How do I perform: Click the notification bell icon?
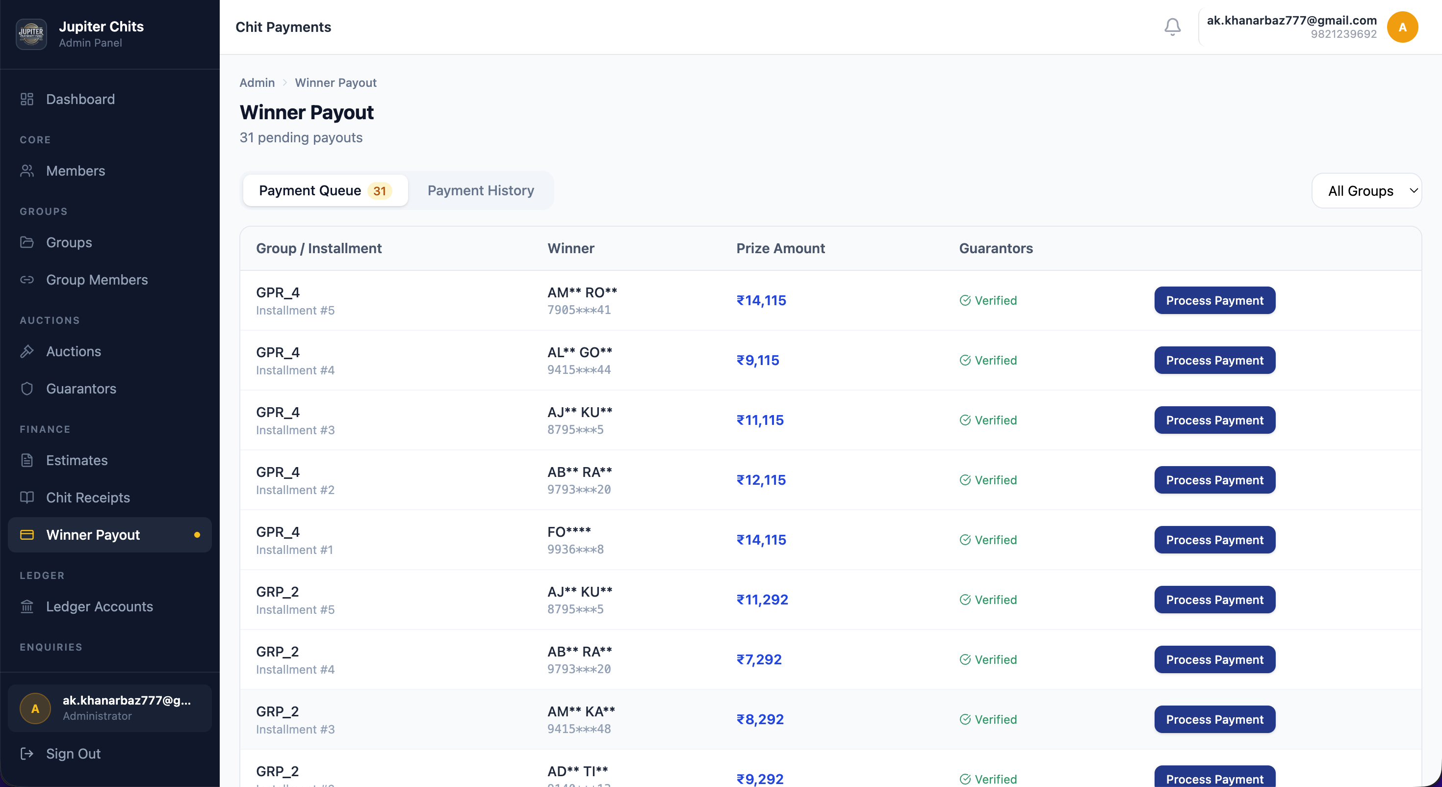(1172, 27)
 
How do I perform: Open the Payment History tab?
(480, 190)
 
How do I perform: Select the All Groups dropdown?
(1366, 191)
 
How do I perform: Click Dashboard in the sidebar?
(80, 99)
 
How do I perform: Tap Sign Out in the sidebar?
(73, 754)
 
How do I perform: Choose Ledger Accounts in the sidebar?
(99, 606)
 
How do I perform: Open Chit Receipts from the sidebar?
(87, 498)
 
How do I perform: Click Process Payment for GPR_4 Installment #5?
(1214, 301)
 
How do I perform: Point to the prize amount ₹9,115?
(757, 360)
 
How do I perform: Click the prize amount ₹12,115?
(761, 480)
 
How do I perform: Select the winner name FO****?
(569, 531)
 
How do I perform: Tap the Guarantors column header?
(995, 248)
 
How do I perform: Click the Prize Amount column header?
(780, 248)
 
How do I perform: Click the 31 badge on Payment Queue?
(379, 191)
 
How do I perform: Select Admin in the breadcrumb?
(257, 83)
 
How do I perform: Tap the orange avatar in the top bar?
(1402, 27)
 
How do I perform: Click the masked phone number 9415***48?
(579, 729)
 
